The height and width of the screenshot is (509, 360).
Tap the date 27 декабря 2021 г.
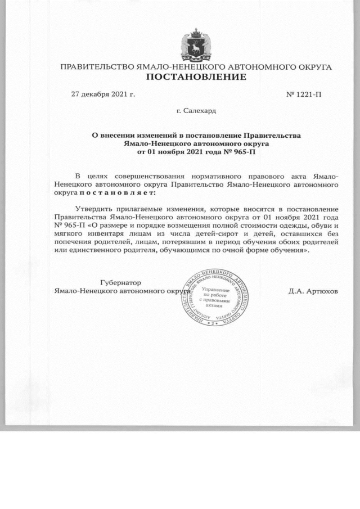(103, 93)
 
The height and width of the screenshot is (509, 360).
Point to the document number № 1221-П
(304, 93)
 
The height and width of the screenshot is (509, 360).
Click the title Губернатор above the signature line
(120, 282)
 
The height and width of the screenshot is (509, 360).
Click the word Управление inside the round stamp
(217, 289)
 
